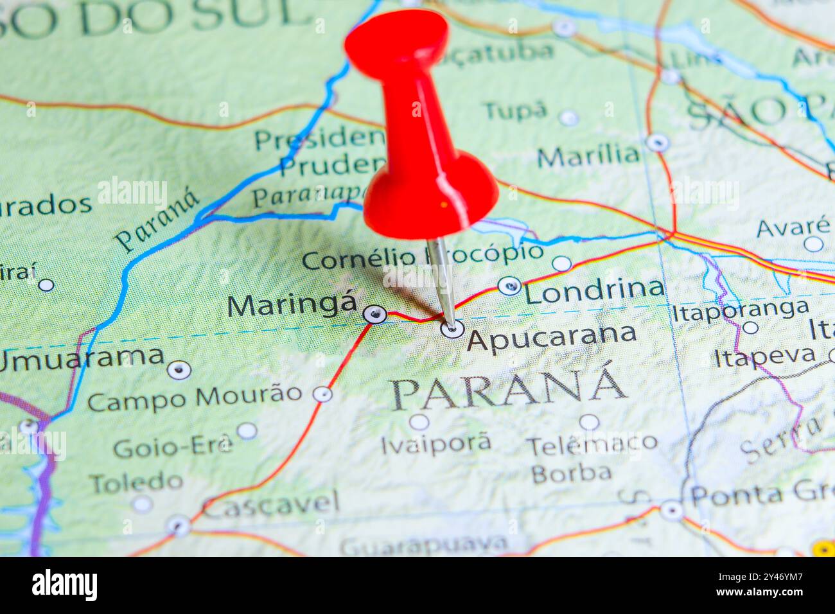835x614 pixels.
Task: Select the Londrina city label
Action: point(593,291)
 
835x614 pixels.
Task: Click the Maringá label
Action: point(292,305)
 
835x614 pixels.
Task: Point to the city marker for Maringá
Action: point(374,314)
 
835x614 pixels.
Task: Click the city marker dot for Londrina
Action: point(509,285)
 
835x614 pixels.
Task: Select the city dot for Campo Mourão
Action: point(322,394)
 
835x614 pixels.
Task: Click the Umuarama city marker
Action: point(179,370)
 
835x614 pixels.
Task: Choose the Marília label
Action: point(588,156)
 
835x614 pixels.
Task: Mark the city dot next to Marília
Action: point(657,143)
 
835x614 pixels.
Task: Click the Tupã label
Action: point(515,111)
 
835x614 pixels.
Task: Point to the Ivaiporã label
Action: point(436,443)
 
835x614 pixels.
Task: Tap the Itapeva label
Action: point(765,355)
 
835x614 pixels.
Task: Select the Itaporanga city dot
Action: point(750,328)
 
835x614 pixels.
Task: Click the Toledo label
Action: point(136,482)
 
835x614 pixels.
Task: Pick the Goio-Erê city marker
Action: point(247,431)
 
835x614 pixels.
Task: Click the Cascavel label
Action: point(272,505)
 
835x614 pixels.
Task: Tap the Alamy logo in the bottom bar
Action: point(64,585)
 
